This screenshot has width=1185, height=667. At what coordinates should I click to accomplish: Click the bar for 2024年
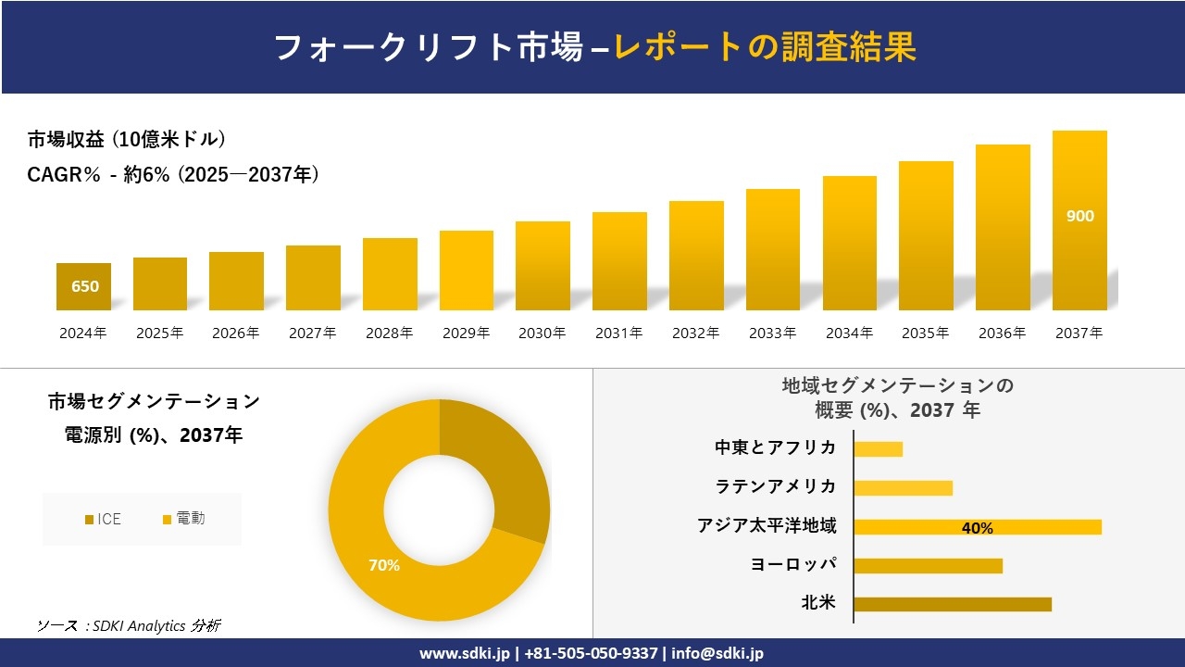pos(84,287)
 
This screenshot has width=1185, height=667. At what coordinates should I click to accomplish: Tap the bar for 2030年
pos(543,266)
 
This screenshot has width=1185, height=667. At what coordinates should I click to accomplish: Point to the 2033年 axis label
pos(772,333)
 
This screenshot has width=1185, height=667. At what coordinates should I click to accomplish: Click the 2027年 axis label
pos(312,333)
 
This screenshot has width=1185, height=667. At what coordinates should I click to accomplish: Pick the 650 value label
pos(85,286)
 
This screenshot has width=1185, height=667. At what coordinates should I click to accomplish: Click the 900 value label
pos(1079,216)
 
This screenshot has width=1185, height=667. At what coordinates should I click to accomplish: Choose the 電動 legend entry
pos(183,519)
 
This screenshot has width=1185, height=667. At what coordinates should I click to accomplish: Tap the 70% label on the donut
pos(384,564)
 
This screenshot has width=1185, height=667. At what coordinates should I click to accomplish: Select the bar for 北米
pos(952,604)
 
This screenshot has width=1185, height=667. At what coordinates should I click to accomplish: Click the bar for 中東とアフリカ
pos(878,449)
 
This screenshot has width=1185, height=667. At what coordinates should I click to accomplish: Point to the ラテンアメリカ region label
pos(775,486)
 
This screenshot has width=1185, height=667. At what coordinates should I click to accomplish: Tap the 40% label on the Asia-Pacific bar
pos(977,528)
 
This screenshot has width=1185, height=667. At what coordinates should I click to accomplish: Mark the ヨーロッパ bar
pos(928,565)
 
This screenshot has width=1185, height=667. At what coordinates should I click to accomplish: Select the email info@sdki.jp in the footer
pos(717,653)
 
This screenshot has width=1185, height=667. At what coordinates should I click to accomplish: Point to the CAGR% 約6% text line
pos(173,174)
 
